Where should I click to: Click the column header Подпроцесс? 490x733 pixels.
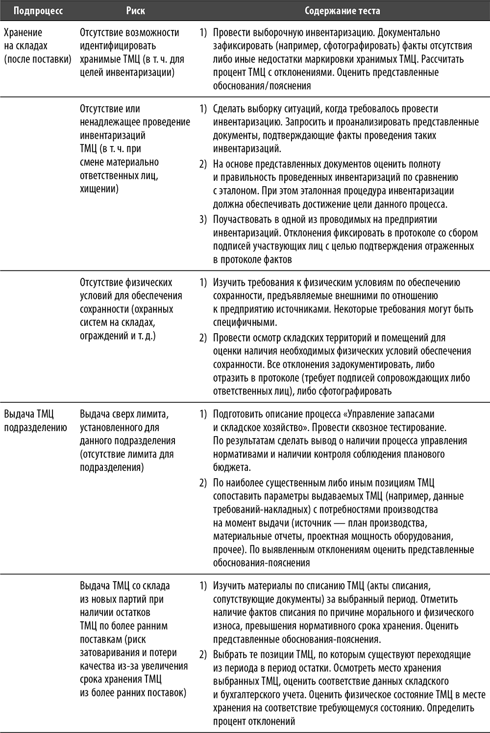(x=38, y=10)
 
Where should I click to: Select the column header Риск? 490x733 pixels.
(x=135, y=10)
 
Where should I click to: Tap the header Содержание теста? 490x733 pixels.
(x=342, y=10)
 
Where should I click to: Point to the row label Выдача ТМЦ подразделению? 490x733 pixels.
(x=35, y=420)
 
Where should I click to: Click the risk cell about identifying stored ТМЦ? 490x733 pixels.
(x=132, y=52)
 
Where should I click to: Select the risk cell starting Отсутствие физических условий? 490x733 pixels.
(x=131, y=309)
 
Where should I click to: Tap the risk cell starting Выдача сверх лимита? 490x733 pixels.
(x=127, y=440)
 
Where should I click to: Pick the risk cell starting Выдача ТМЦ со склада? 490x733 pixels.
(x=133, y=639)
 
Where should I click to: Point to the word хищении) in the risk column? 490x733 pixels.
(x=99, y=189)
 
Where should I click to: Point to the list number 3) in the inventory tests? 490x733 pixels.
(x=203, y=219)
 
